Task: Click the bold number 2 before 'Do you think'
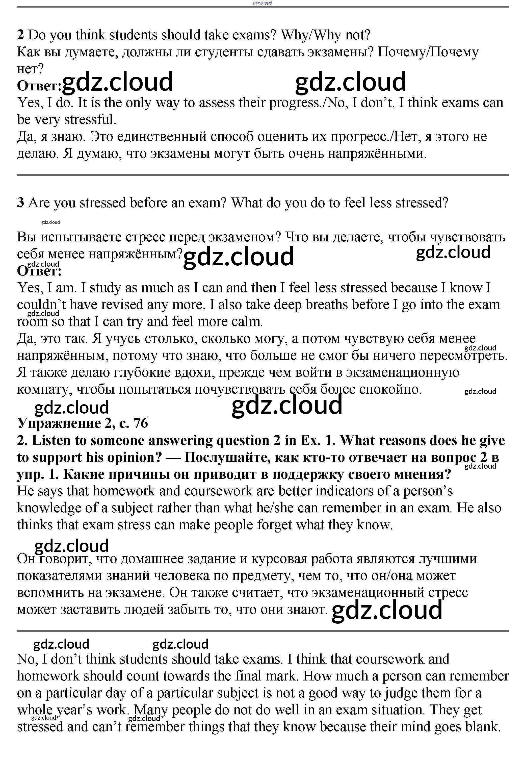coord(20,35)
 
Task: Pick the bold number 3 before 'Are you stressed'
coord(20,203)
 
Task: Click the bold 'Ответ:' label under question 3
coord(39,271)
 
